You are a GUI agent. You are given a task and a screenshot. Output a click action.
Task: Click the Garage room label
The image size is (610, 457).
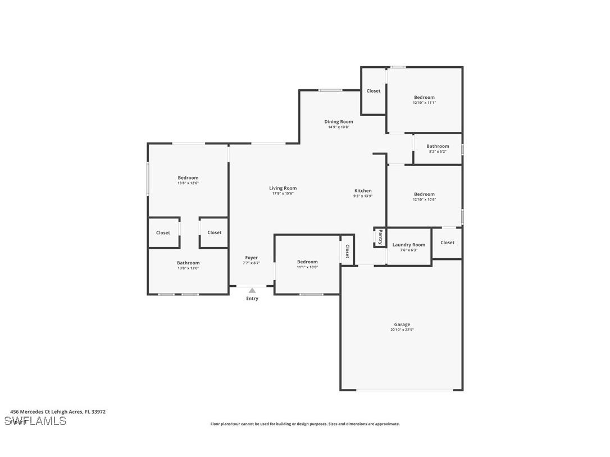tap(402, 325)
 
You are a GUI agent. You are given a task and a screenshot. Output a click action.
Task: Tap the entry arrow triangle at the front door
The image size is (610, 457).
tap(252, 290)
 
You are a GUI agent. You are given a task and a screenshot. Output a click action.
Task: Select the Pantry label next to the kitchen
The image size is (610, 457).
tap(380, 237)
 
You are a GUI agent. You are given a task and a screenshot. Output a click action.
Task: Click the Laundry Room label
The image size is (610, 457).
tap(408, 245)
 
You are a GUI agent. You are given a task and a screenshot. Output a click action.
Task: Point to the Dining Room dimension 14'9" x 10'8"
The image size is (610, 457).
tap(339, 127)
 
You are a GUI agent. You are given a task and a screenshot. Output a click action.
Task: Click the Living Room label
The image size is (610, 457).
tap(283, 188)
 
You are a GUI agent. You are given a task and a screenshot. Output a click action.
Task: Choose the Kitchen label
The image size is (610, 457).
tap(363, 191)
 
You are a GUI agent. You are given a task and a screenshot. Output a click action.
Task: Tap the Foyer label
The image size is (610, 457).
tap(251, 258)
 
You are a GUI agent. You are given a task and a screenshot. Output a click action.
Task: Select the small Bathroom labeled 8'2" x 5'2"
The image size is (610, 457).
tap(438, 147)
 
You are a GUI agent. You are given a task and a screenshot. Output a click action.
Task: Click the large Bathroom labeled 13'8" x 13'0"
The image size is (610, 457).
tap(188, 263)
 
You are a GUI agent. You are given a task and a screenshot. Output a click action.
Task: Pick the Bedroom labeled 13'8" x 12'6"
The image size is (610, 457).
tap(188, 178)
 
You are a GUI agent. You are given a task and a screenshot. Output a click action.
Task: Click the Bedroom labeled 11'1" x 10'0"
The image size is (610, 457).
tap(307, 262)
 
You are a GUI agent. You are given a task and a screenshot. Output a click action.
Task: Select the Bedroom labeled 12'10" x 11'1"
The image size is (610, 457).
tap(424, 98)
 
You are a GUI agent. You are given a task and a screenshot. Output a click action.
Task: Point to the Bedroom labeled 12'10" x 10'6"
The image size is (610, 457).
tap(424, 194)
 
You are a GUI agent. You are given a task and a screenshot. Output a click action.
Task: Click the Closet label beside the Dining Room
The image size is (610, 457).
tap(374, 91)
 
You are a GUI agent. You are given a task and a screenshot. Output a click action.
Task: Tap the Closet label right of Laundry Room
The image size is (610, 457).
tap(448, 243)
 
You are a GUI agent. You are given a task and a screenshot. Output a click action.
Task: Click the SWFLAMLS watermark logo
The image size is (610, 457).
tap(35, 421)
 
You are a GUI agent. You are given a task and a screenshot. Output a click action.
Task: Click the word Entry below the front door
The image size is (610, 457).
tap(252, 299)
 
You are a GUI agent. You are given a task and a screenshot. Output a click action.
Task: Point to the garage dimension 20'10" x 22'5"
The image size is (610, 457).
tap(402, 330)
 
